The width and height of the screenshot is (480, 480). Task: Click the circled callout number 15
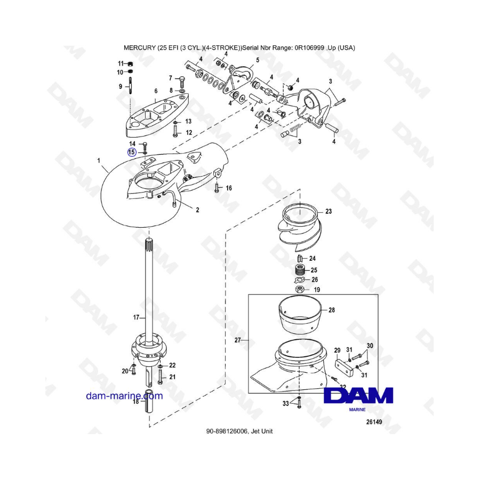pos(132,152)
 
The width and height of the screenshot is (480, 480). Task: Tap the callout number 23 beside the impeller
pos(329,211)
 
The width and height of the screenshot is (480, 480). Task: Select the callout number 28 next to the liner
pos(332,310)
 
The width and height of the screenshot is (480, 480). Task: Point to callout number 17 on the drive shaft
pos(136,317)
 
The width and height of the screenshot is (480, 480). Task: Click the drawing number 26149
pos(374,422)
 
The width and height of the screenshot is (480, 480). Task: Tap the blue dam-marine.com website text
pos(124,396)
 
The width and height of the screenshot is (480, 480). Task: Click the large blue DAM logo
pos(358,396)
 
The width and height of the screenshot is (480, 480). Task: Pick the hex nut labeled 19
pos(300,289)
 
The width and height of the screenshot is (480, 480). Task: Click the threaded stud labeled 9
pos(131,86)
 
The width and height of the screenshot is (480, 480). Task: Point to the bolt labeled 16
pos(217,187)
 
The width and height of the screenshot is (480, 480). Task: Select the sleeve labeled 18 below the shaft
pos(149,402)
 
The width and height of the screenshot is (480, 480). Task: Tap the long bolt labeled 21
pos(160,377)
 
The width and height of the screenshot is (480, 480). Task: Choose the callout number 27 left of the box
pos(238,340)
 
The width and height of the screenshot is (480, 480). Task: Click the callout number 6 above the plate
pos(156,91)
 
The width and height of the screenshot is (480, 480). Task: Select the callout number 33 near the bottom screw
pos(286,404)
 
